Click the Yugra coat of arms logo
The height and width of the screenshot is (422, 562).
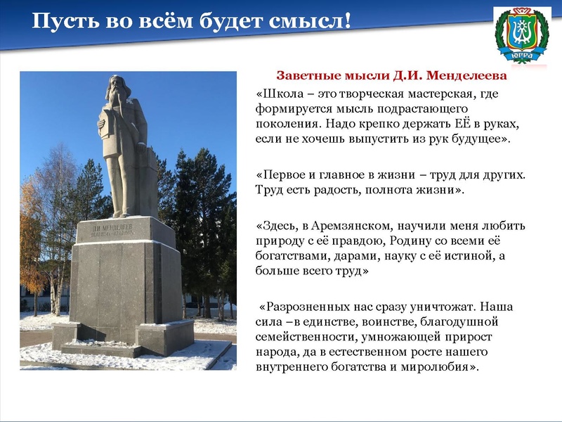coord(522,34)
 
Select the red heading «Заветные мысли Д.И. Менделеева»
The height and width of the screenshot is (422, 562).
coord(391,75)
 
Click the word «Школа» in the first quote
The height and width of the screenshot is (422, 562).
coord(284,93)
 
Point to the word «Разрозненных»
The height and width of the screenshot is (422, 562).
coord(305,307)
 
